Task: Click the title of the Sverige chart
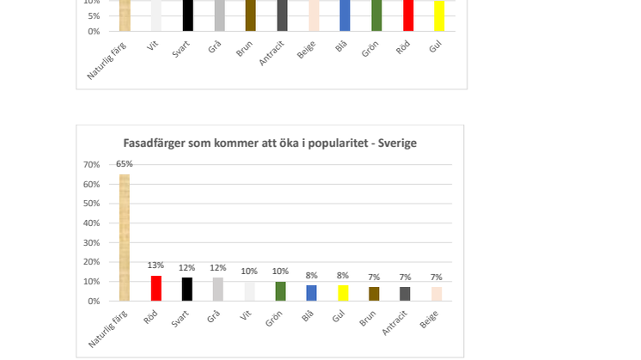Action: pyautogui.click(x=270, y=143)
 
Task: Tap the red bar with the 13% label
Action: pyautogui.click(x=156, y=288)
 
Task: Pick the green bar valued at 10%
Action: pyautogui.click(x=280, y=291)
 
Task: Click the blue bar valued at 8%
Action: pyautogui.click(x=311, y=293)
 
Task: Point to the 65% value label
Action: pyautogui.click(x=125, y=164)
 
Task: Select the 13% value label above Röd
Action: pyautogui.click(x=156, y=265)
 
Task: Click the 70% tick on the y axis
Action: pyautogui.click(x=91, y=164)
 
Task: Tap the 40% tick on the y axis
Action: pyautogui.click(x=91, y=223)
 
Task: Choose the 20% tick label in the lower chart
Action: pyautogui.click(x=91, y=262)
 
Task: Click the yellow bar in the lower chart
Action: pyautogui.click(x=343, y=293)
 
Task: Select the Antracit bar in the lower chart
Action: pyautogui.click(x=405, y=294)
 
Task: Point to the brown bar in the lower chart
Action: pyautogui.click(x=374, y=294)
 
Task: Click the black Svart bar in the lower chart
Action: pyautogui.click(x=187, y=289)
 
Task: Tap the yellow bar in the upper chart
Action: pyautogui.click(x=439, y=15)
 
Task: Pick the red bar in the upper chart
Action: pyautogui.click(x=407, y=15)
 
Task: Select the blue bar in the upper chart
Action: pyautogui.click(x=345, y=15)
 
